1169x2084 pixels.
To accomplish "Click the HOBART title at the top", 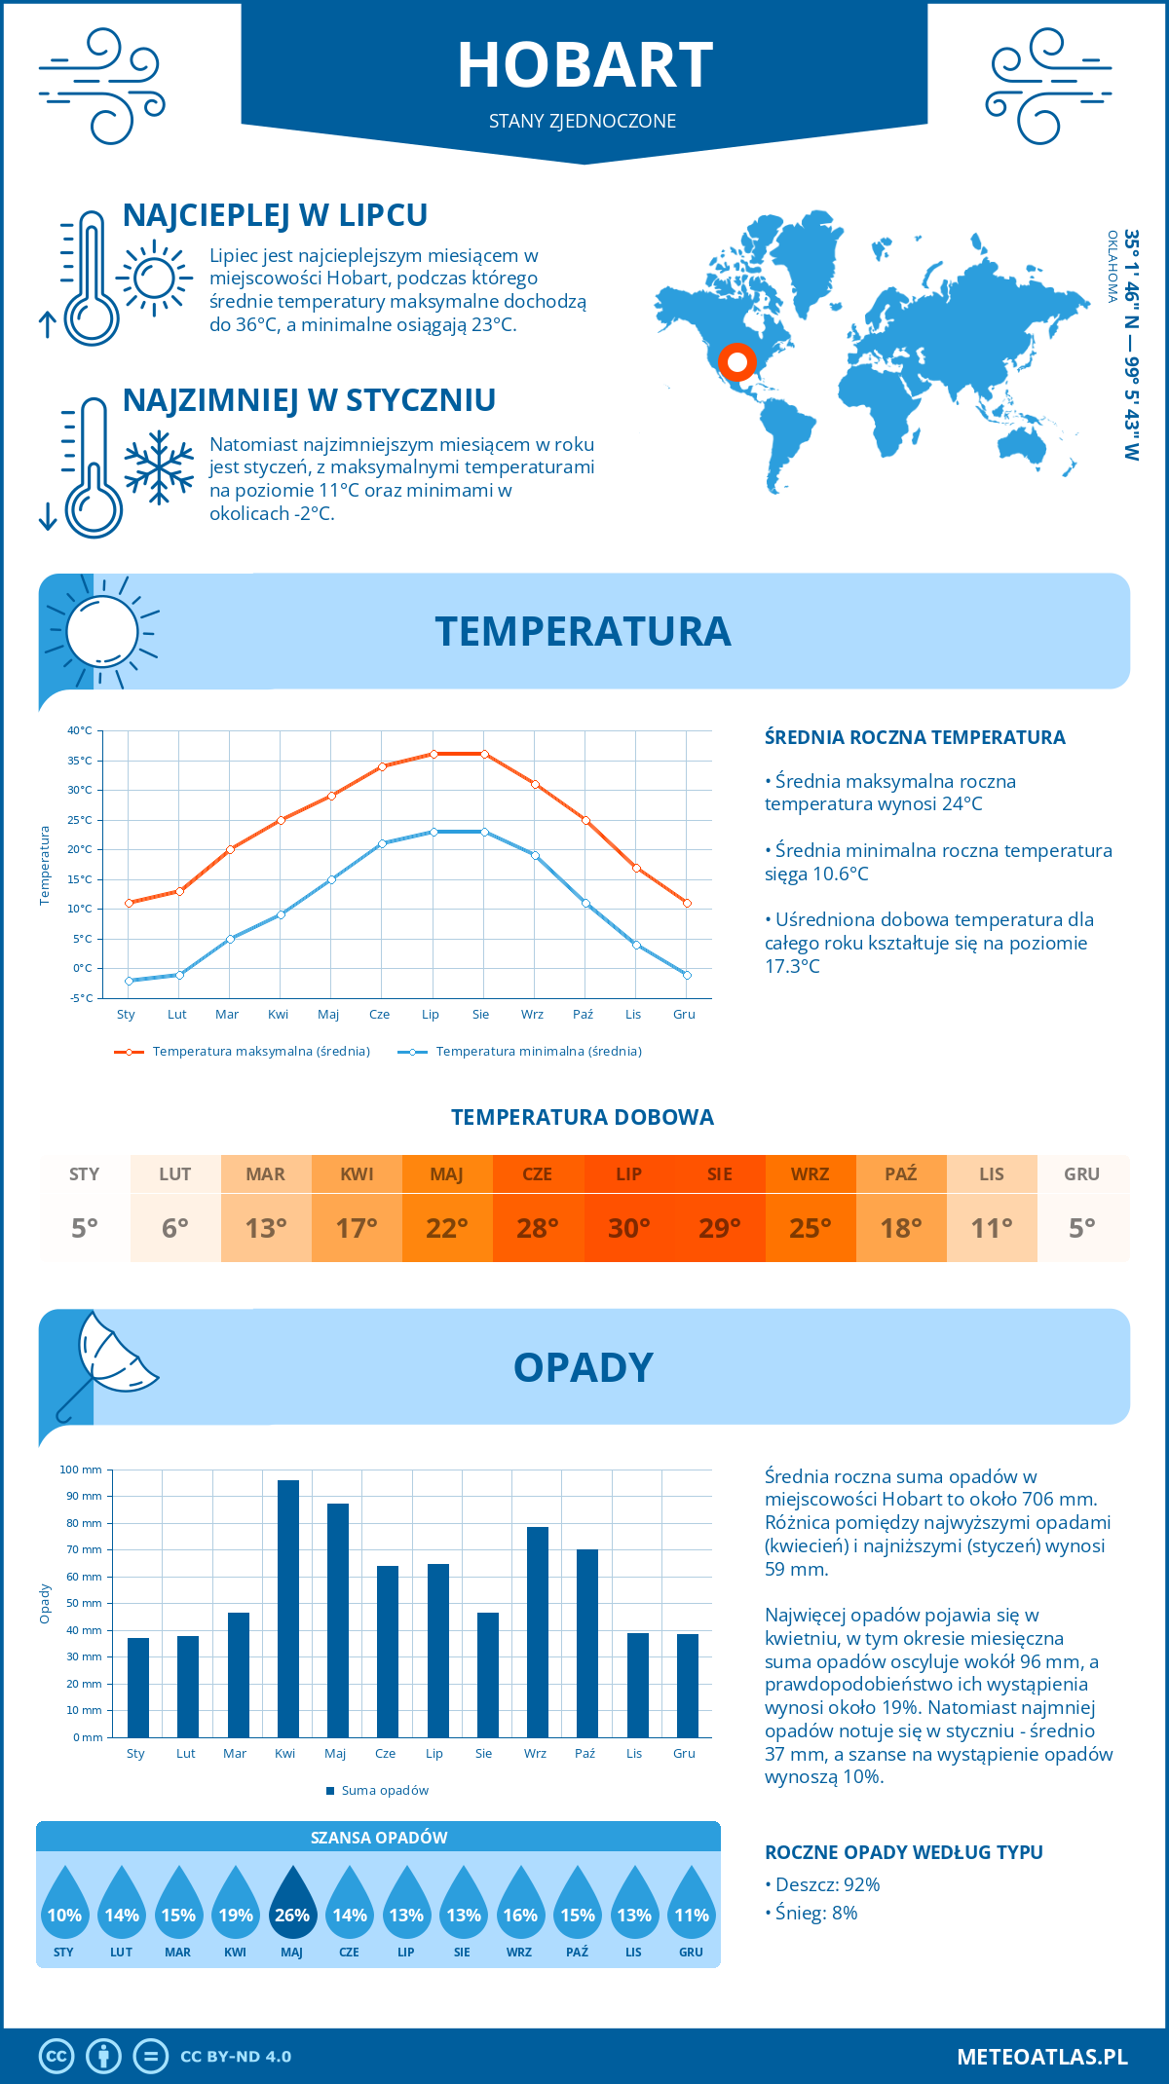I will tap(584, 65).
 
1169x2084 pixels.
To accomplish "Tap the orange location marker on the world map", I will tap(737, 362).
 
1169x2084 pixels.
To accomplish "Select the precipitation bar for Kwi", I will tap(288, 1608).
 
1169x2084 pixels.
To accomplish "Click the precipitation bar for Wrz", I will tap(538, 1631).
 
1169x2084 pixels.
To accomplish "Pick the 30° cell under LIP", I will tap(628, 1228).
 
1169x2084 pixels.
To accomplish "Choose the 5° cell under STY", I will tap(85, 1228).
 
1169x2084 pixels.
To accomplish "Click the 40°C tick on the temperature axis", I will tap(80, 730).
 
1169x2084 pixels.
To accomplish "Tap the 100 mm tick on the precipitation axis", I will tap(81, 1470).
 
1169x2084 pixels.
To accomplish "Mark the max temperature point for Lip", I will tap(434, 754).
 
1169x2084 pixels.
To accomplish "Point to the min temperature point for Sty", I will tap(129, 981).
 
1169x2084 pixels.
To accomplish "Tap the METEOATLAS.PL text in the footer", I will tap(1042, 2057).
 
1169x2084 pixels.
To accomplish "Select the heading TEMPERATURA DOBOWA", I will tap(583, 1117).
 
